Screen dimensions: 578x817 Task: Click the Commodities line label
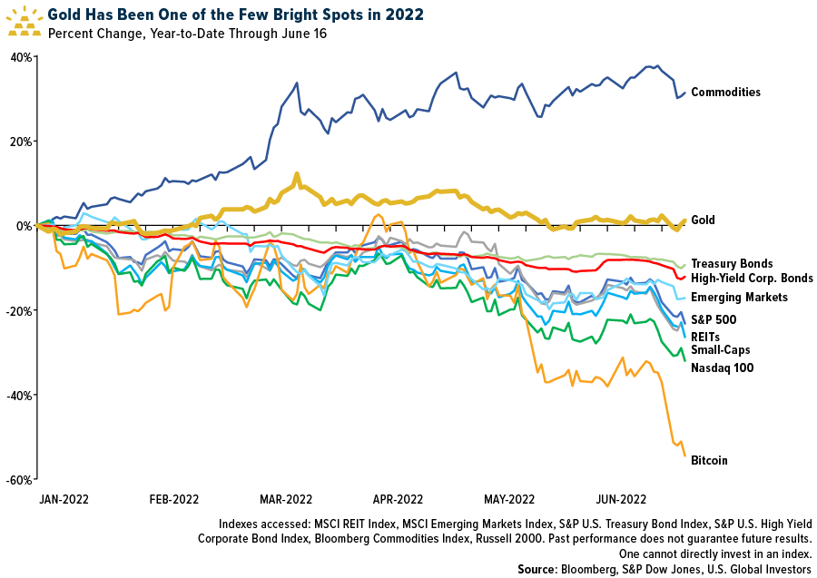(x=725, y=92)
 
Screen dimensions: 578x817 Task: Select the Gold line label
(x=703, y=220)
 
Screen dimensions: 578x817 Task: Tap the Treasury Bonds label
(x=732, y=263)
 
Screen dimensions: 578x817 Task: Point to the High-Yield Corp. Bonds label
(x=752, y=279)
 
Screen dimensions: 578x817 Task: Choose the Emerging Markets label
(x=739, y=298)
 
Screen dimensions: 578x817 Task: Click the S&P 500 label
(x=714, y=319)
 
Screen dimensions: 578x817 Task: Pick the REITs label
(x=706, y=337)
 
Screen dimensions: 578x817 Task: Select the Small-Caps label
(x=720, y=349)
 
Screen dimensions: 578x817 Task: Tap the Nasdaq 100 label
(x=723, y=367)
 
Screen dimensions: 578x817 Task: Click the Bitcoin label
(x=709, y=460)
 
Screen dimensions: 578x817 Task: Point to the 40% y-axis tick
(x=21, y=57)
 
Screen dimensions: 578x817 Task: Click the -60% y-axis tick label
(x=19, y=479)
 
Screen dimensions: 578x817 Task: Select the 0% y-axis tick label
(x=24, y=226)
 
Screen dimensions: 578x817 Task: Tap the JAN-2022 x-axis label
(x=63, y=499)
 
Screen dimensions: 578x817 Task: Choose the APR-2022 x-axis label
(x=397, y=499)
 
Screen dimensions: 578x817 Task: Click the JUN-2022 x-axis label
(x=621, y=499)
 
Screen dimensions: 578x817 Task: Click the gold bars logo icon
(x=25, y=20)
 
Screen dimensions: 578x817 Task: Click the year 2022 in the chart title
(x=404, y=15)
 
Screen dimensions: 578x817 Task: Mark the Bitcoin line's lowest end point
(x=684, y=456)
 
